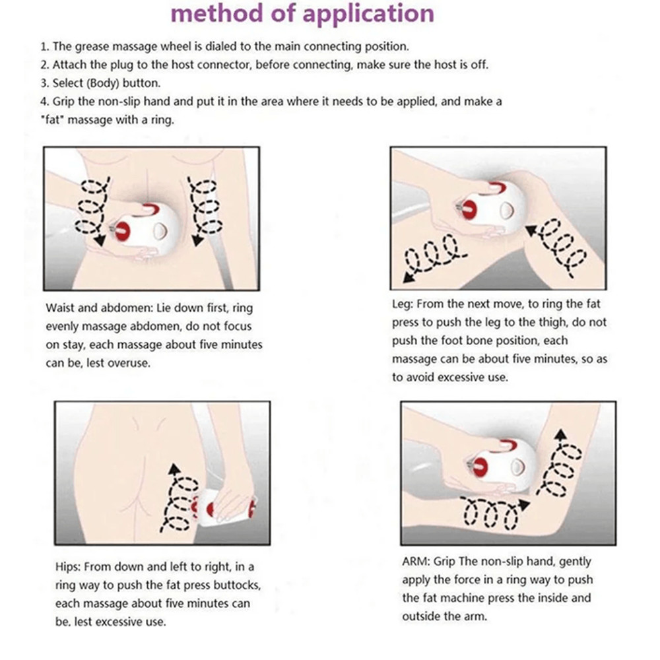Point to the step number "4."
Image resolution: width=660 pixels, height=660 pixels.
[44, 102]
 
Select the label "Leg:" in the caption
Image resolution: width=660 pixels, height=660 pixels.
[402, 304]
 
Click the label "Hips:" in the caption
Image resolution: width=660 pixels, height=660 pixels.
[69, 567]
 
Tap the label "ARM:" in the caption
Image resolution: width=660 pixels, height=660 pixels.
[416, 562]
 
